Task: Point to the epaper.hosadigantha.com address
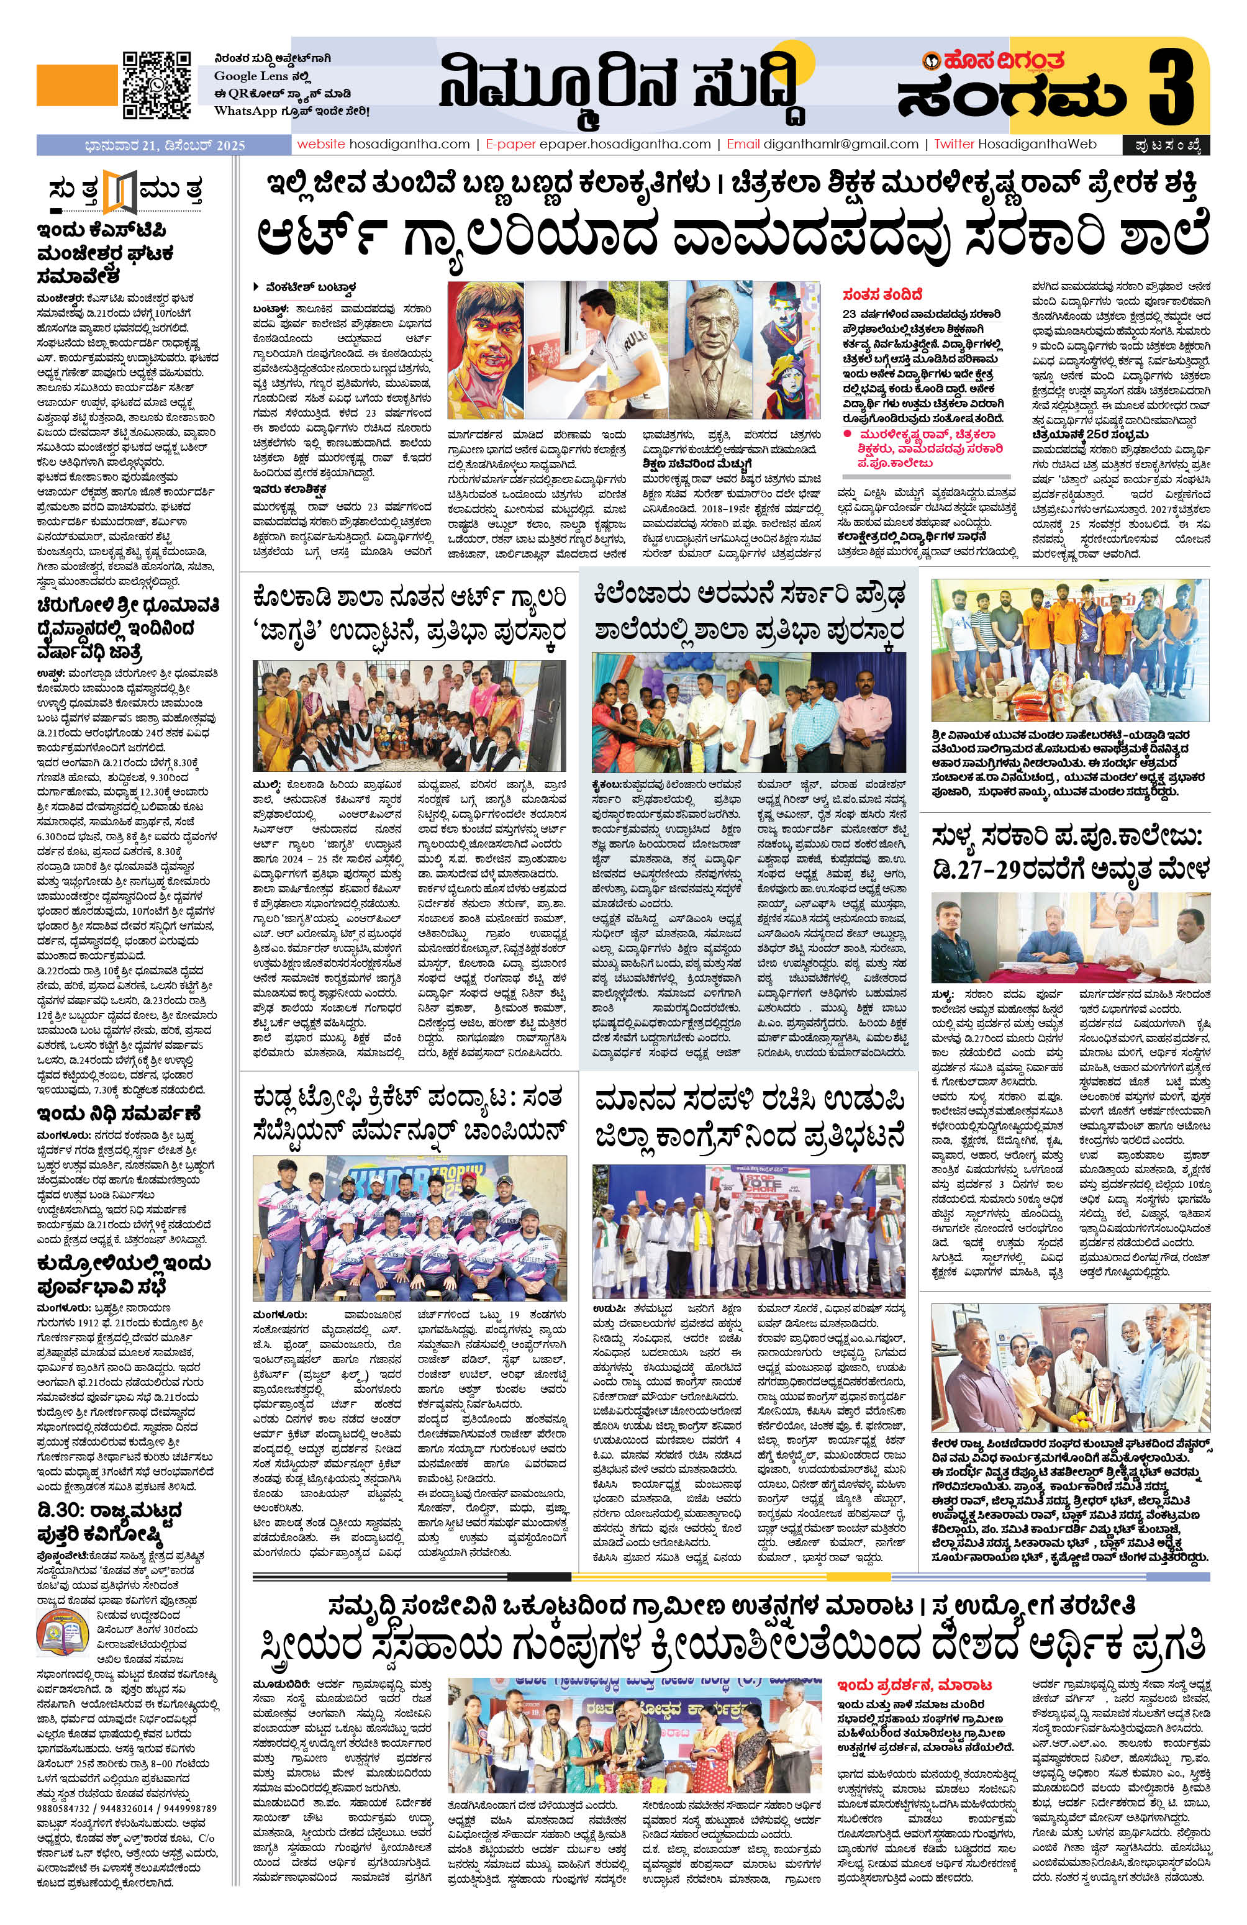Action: click(620, 144)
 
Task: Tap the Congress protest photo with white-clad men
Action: click(750, 1230)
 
